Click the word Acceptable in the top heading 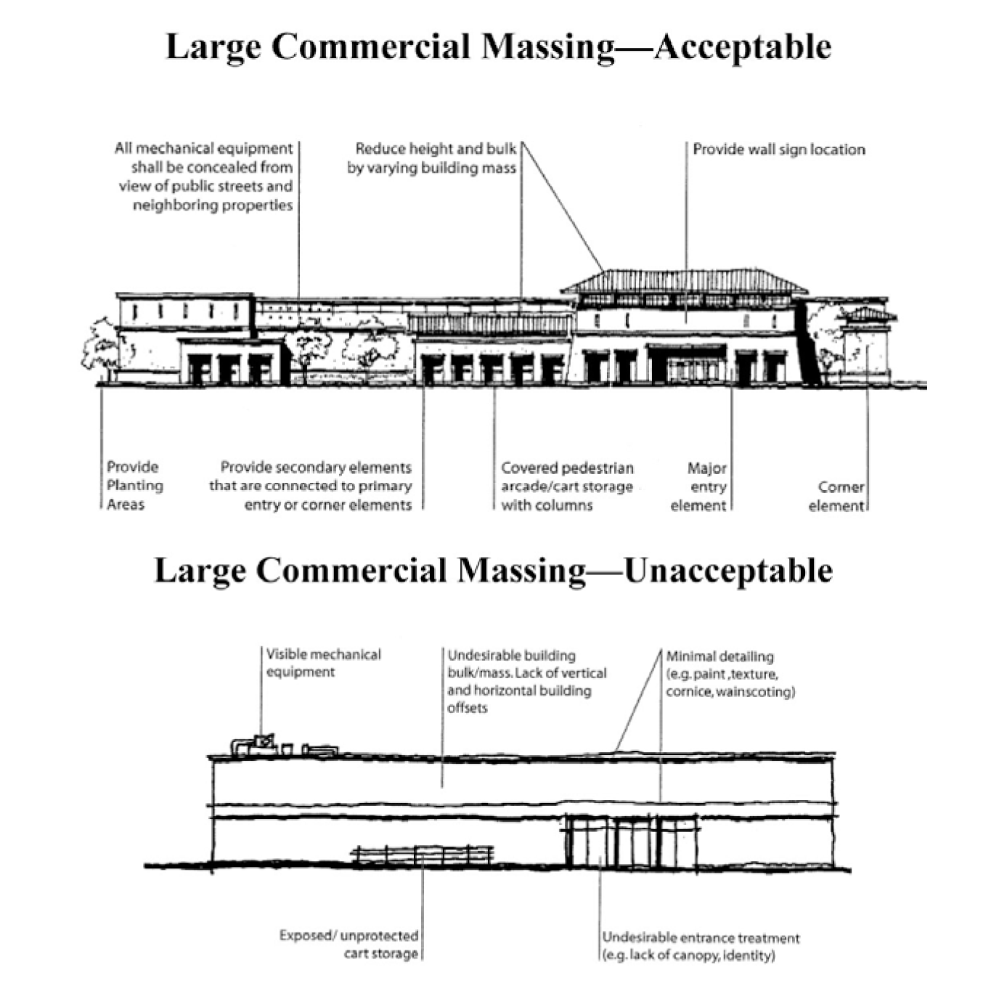point(742,48)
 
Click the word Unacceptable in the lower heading point(727,571)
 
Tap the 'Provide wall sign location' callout point(778,150)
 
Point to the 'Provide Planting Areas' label point(134,486)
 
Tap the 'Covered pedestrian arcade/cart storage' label point(567,486)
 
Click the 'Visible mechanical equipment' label point(323,663)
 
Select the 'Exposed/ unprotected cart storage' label point(350,945)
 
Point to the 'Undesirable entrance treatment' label point(700,946)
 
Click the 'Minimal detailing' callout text point(730,674)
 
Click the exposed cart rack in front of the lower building point(423,855)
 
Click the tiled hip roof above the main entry point(682,280)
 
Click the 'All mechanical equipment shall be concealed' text point(205,177)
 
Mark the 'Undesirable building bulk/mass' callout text point(526,681)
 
